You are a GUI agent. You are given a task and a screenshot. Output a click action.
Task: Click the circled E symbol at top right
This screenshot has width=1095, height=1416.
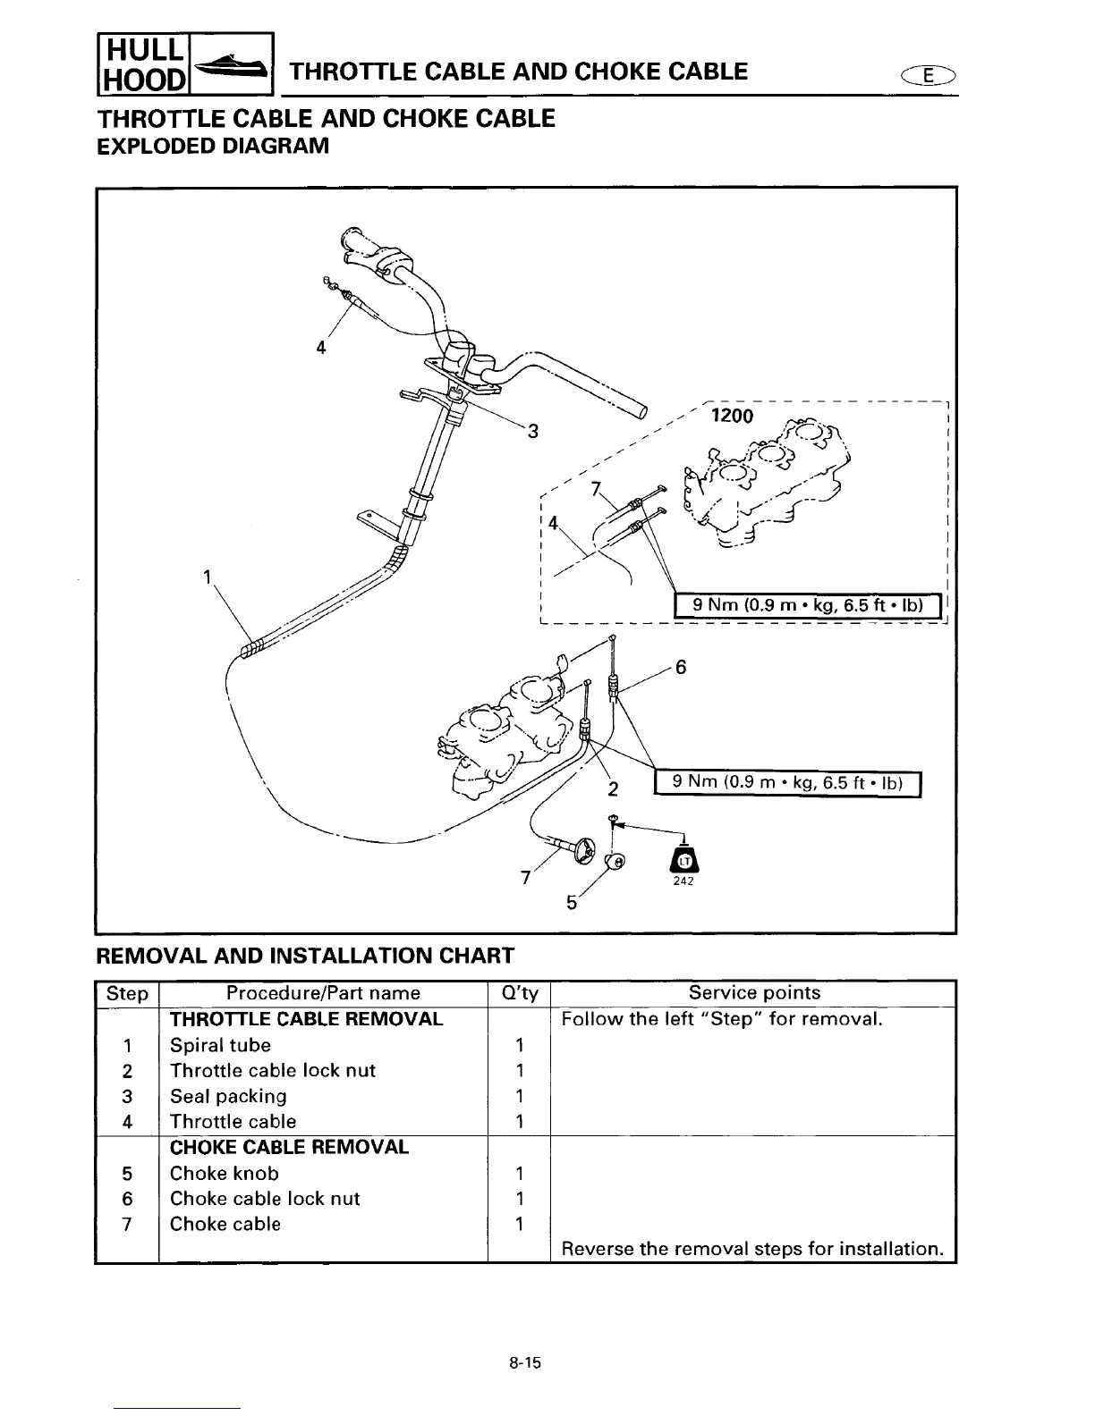coord(931,76)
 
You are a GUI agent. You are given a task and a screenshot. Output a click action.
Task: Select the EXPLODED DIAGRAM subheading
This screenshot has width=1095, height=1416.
coord(212,146)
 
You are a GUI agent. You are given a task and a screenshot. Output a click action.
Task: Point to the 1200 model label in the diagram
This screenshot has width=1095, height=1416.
coord(732,416)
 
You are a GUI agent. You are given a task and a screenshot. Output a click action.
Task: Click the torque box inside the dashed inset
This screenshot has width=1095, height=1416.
coord(808,605)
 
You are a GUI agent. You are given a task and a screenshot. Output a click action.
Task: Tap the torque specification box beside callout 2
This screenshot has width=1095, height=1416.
coord(787,783)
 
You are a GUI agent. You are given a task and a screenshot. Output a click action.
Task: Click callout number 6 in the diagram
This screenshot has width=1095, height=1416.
coord(681,667)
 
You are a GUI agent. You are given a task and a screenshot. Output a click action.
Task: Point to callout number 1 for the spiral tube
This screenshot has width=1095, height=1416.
coord(207,577)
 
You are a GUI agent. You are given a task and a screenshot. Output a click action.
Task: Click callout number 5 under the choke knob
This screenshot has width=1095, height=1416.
coord(572,903)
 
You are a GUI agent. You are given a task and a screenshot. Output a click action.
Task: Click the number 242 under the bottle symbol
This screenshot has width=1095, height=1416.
coord(683,882)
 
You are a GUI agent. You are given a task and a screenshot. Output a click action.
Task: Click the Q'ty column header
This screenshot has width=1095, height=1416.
coord(518,993)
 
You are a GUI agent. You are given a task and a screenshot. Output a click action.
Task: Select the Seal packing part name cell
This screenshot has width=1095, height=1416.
coord(228,1096)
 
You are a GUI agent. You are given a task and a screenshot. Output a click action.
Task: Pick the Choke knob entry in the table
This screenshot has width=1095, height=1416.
coord(224,1173)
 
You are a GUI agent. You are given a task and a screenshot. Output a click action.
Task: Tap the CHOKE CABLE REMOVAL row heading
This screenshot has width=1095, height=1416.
coord(289,1147)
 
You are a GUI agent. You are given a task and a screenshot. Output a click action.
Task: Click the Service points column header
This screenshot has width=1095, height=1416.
coord(753,993)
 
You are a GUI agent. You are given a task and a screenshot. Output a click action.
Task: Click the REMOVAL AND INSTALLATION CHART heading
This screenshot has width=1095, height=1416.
coord(304,956)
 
